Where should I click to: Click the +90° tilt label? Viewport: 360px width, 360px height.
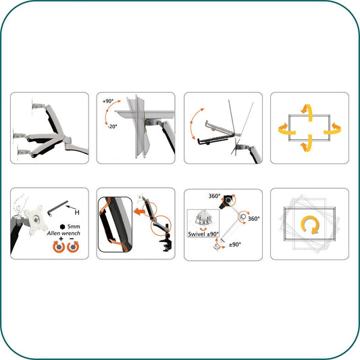(x=108, y=101)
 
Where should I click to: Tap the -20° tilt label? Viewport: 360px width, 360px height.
(x=112, y=126)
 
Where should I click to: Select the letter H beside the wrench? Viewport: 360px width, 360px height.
(x=77, y=212)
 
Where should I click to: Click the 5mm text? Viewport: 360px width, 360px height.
(x=74, y=227)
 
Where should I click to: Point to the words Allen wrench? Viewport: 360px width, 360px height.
(x=63, y=233)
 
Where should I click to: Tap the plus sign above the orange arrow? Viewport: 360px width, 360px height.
(x=61, y=239)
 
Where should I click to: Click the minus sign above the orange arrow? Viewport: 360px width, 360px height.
(x=72, y=239)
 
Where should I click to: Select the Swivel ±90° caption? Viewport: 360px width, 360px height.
(x=203, y=234)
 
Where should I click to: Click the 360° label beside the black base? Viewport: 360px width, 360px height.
(x=214, y=196)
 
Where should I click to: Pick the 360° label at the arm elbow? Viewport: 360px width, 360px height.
(x=254, y=219)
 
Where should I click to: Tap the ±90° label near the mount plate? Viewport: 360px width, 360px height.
(x=235, y=245)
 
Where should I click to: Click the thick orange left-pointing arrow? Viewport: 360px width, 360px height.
(x=138, y=211)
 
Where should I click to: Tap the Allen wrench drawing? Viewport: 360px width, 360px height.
(x=57, y=208)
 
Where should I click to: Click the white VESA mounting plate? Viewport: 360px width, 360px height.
(x=36, y=220)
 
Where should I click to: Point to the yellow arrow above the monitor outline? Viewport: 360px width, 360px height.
(x=307, y=112)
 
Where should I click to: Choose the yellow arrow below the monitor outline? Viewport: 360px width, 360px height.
(x=307, y=144)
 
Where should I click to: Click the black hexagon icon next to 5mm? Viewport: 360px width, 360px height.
(x=62, y=227)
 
